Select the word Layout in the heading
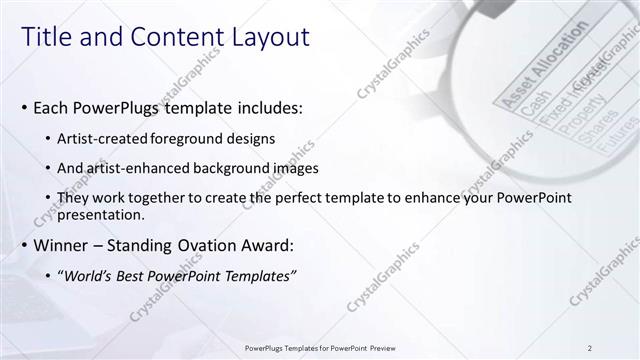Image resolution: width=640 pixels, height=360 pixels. tap(269, 38)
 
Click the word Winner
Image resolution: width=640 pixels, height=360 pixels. tap(62, 245)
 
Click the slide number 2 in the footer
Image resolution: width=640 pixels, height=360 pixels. tap(591, 347)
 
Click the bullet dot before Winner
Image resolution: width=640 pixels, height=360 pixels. tap(23, 246)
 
